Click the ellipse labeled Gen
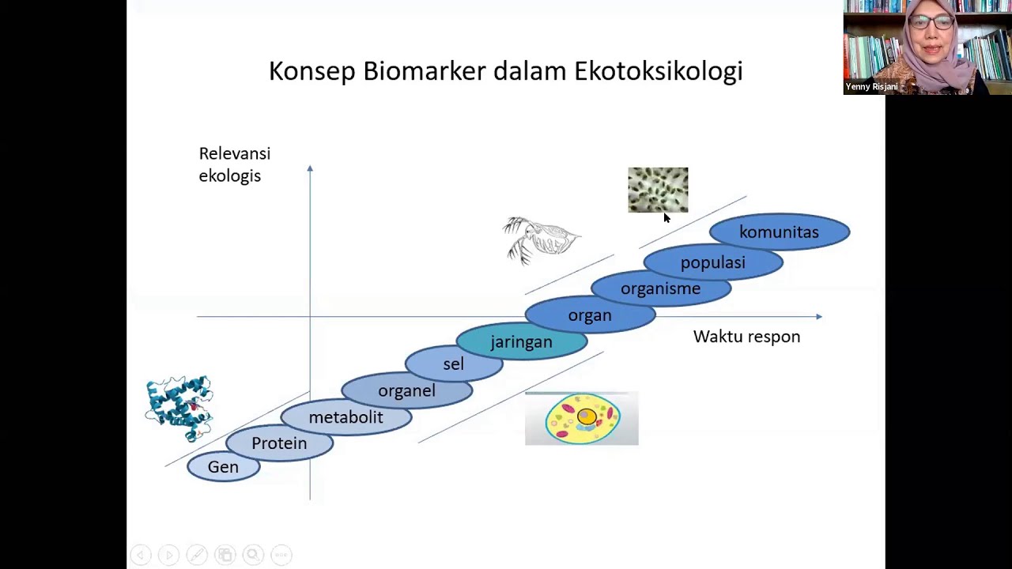point(223,467)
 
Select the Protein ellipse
point(279,443)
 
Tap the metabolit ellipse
point(346,417)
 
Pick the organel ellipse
point(406,390)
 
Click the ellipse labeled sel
point(453,364)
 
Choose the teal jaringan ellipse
point(521,342)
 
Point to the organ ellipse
point(590,315)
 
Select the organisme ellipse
point(660,288)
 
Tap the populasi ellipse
point(712,262)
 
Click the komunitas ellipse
point(779,232)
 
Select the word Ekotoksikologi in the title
point(658,71)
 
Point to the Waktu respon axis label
point(746,337)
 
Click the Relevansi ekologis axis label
point(234,164)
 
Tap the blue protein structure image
point(179,408)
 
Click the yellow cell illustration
point(582,419)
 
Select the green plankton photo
point(658,190)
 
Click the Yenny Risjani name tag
point(871,87)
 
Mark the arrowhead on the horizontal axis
point(818,317)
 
